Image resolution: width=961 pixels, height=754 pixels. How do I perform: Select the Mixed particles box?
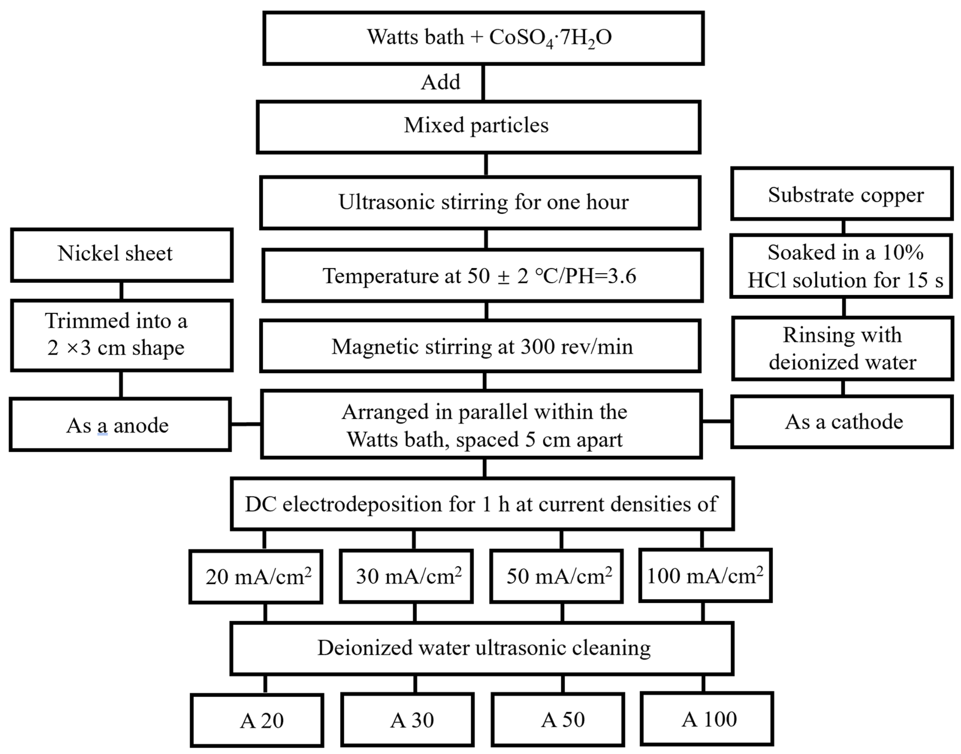click(x=478, y=127)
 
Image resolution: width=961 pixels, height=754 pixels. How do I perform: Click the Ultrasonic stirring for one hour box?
click(x=480, y=203)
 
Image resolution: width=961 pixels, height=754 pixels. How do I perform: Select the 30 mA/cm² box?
click(x=406, y=576)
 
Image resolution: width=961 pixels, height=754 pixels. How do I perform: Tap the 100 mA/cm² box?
click(x=705, y=575)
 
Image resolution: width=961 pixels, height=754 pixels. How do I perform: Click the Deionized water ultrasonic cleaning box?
click(x=482, y=648)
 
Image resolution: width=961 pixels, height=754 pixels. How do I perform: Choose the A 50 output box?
click(x=558, y=720)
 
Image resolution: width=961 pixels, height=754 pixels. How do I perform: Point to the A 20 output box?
click(x=257, y=720)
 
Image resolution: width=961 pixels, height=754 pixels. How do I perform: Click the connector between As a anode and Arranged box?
click(x=246, y=424)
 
